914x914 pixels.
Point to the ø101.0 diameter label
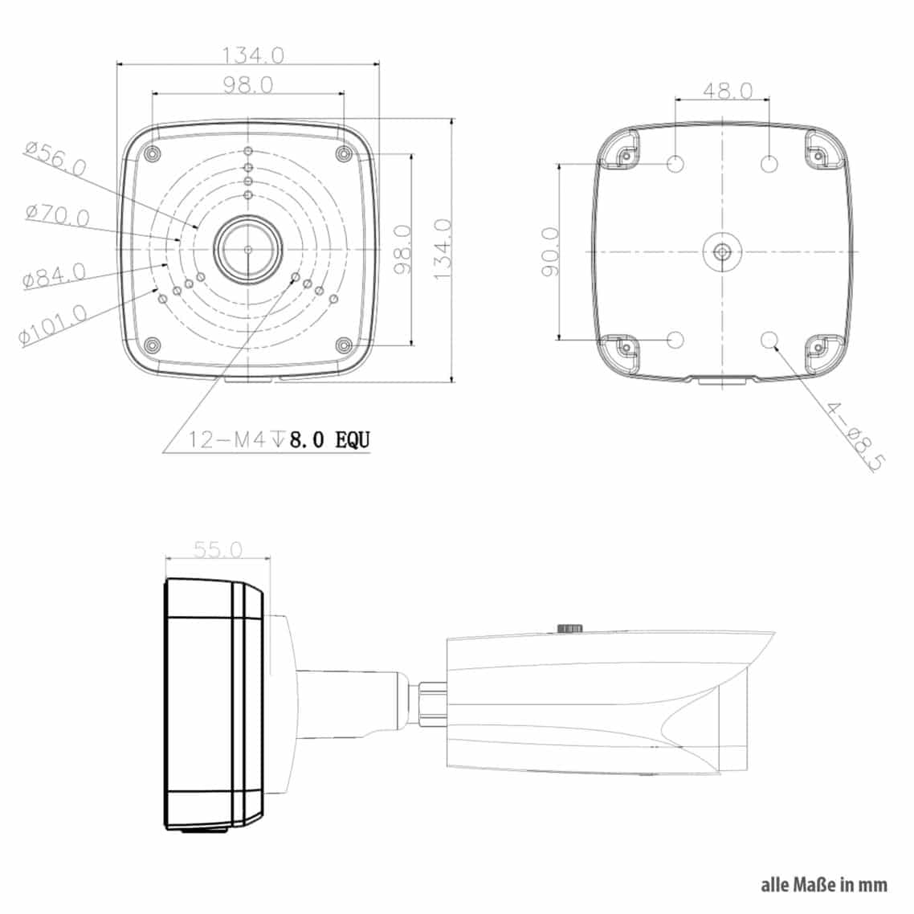[55, 324]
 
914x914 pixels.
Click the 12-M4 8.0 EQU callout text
[280, 439]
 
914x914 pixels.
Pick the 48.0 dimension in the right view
[728, 90]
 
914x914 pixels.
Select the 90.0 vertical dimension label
[551, 251]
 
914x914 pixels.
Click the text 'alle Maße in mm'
[824, 884]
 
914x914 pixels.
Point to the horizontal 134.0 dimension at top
[253, 55]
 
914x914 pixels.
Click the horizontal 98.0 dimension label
[248, 84]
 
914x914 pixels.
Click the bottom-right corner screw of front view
[344, 345]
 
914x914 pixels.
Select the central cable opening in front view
[248, 250]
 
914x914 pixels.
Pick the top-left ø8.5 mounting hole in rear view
[676, 165]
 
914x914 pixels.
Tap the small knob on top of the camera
[569, 627]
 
